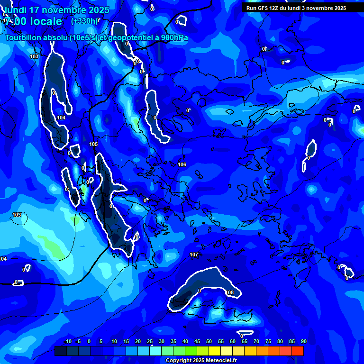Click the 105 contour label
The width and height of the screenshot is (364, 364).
click(x=93, y=144)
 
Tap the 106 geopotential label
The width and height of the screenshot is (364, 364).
click(x=182, y=164)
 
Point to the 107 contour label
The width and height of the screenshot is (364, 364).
click(x=194, y=255)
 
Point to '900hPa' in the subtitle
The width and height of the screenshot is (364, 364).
click(x=173, y=38)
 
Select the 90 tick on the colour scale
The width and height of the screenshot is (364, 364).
click(x=303, y=342)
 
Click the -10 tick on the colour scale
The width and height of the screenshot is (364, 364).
click(x=67, y=342)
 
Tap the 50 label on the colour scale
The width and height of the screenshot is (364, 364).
click(x=209, y=342)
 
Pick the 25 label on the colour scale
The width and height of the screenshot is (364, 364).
click(x=150, y=342)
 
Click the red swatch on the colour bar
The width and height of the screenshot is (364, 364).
click(x=298, y=351)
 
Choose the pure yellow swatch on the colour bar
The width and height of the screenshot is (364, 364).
click(x=215, y=351)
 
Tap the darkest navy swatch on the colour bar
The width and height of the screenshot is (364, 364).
click(x=61, y=351)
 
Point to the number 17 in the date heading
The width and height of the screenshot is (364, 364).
click(x=34, y=10)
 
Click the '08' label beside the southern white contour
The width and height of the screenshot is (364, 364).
click(x=231, y=293)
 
